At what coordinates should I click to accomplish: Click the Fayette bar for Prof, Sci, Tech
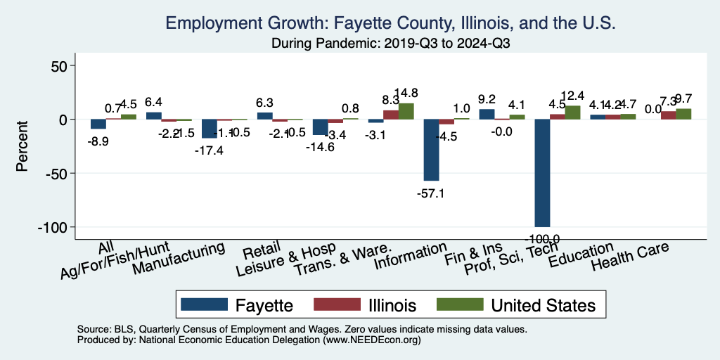point(542,173)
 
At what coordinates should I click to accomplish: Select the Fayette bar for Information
point(430,150)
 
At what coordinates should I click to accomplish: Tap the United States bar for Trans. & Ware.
point(406,111)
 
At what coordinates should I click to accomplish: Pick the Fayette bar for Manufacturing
point(209,129)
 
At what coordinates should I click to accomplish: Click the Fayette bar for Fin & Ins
point(487,114)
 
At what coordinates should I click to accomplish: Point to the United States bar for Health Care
point(683,114)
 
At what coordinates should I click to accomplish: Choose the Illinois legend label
point(392,304)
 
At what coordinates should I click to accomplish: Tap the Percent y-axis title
point(22,146)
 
